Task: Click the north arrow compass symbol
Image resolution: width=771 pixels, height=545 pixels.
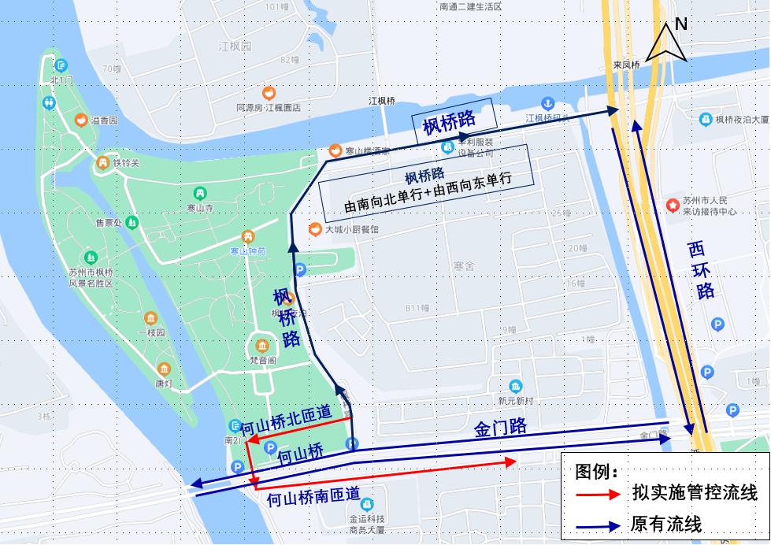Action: [x=666, y=43]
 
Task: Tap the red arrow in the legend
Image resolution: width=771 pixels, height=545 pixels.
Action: [x=599, y=494]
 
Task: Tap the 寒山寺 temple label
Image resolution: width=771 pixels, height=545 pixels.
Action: [x=200, y=208]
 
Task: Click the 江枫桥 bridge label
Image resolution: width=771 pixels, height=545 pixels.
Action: [x=382, y=102]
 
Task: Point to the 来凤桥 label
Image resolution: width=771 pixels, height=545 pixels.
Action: [x=626, y=65]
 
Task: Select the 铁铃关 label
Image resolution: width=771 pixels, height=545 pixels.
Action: [x=125, y=163]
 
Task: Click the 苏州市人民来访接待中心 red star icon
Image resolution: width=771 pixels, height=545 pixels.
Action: [x=673, y=206]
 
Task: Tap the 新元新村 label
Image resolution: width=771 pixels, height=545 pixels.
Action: [x=515, y=400]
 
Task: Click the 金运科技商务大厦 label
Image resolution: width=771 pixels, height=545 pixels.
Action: [x=367, y=524]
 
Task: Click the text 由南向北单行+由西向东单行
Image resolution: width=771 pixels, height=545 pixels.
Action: [x=428, y=190]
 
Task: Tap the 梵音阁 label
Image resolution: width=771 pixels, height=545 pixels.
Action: [x=261, y=360]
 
